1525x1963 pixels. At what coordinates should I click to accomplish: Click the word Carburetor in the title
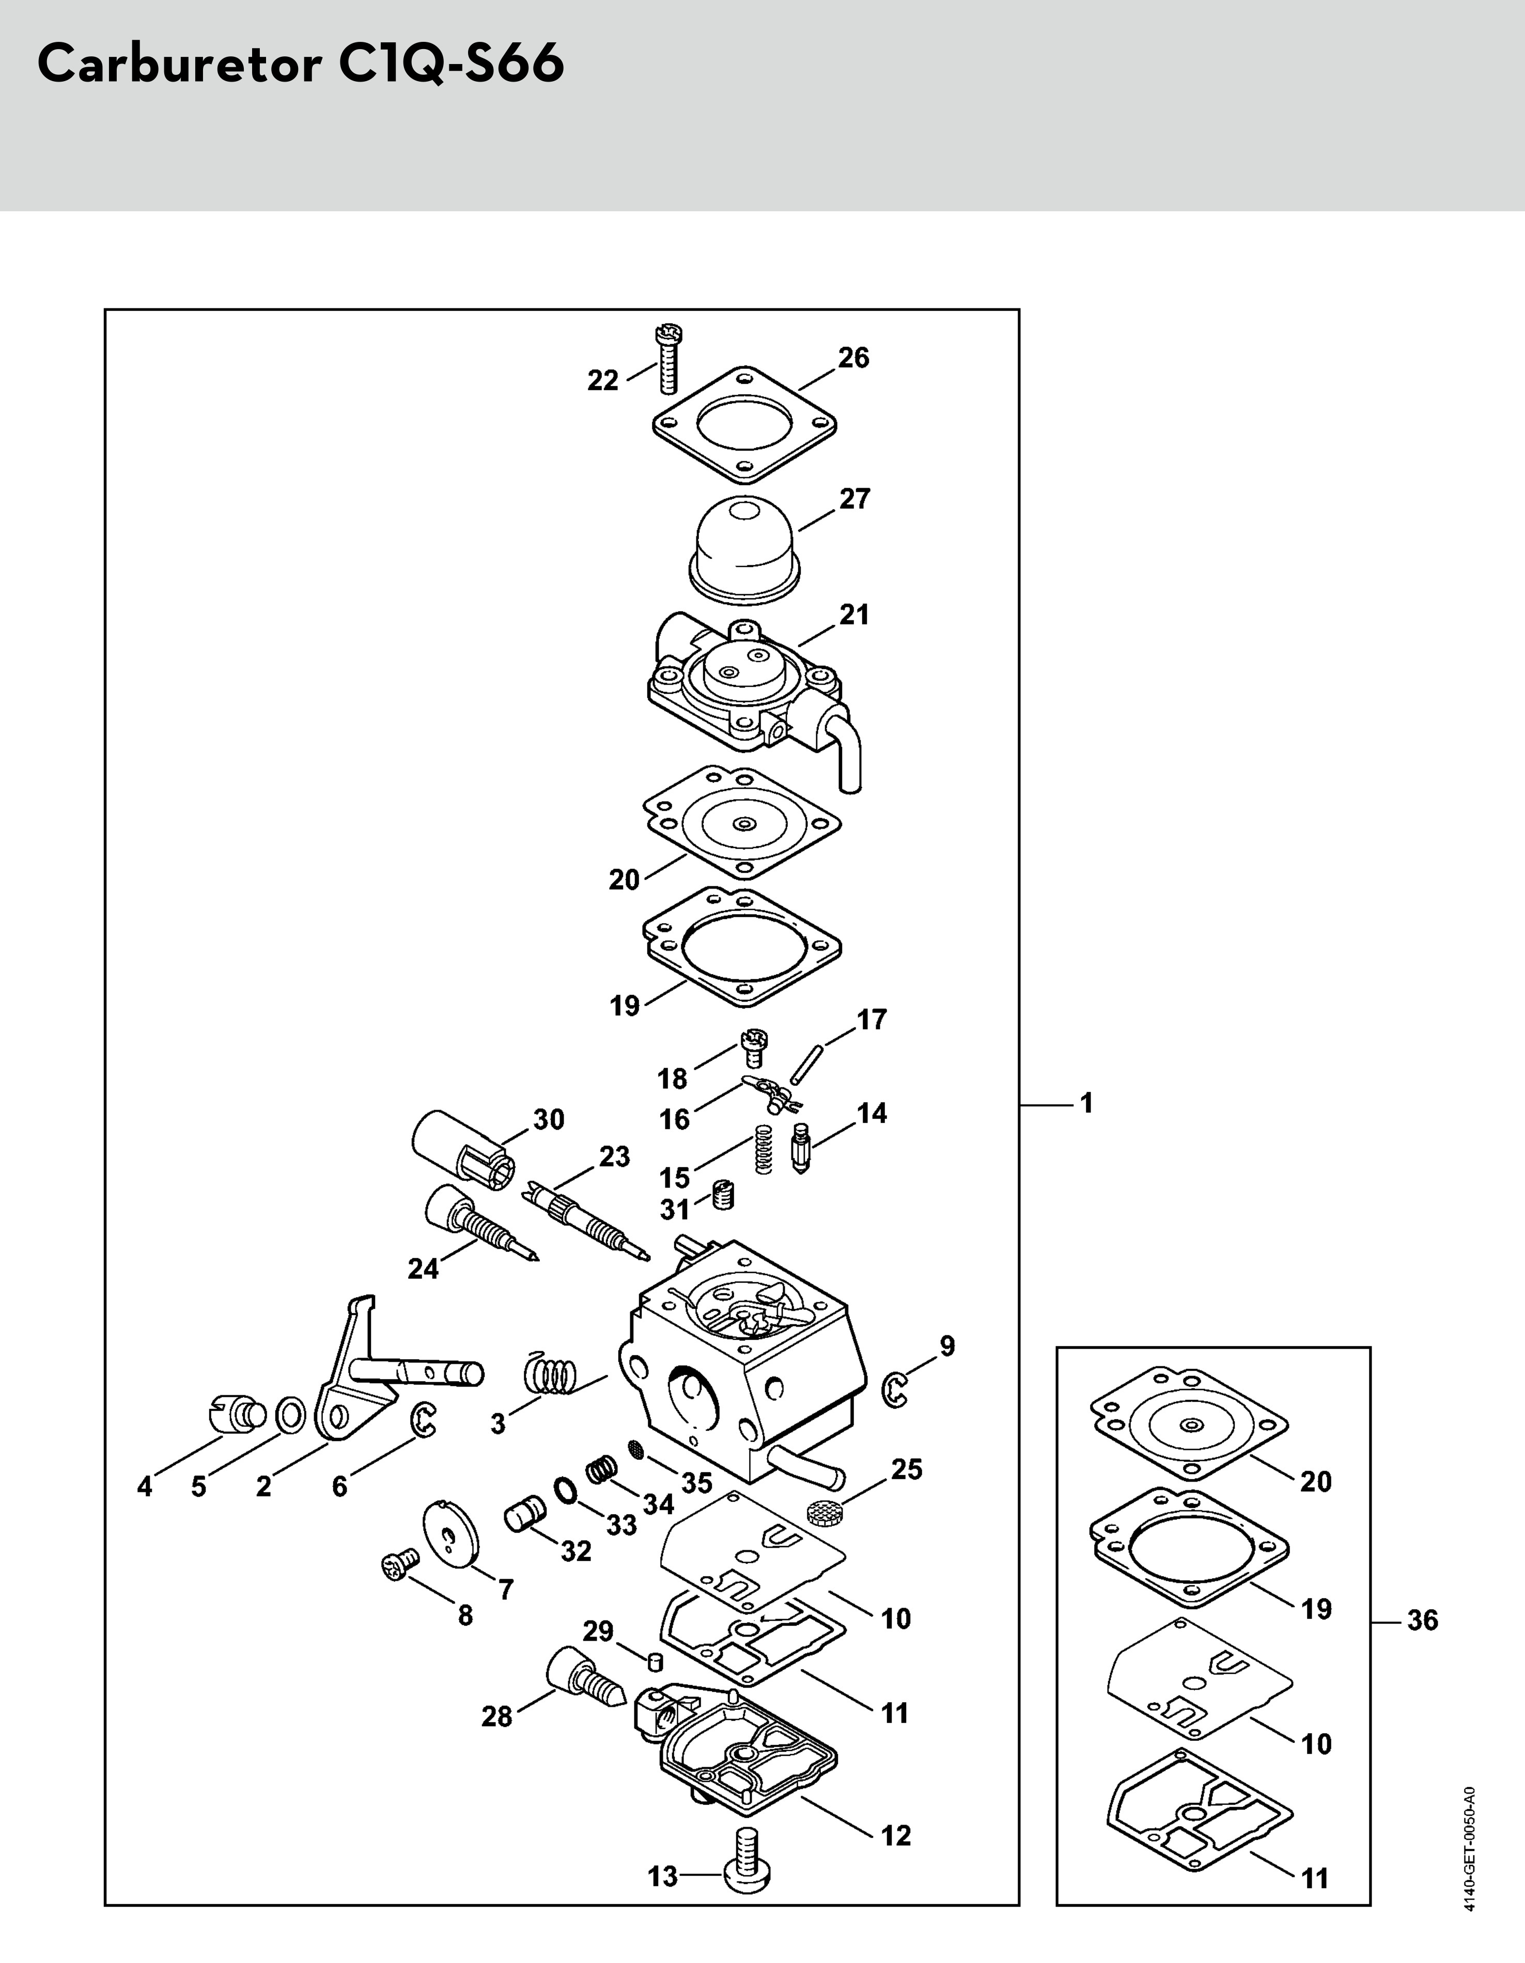[x=178, y=64]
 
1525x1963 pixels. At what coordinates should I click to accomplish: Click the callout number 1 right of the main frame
[x=1086, y=1103]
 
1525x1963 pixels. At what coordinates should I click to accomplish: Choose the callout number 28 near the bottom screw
[x=496, y=1717]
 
